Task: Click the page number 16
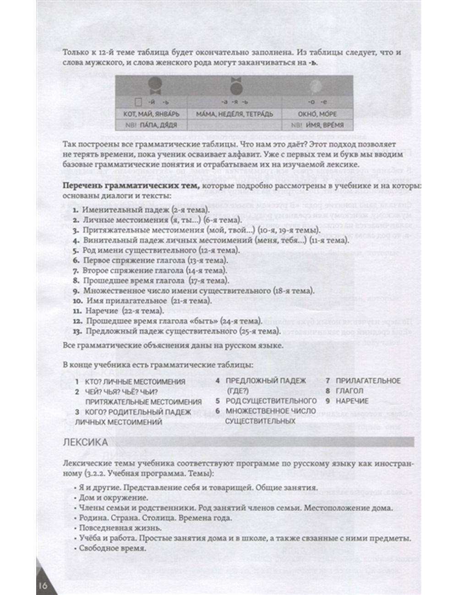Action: tap(43, 586)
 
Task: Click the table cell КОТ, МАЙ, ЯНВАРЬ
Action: tap(151, 114)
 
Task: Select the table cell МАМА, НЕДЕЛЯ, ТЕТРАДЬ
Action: tap(234, 114)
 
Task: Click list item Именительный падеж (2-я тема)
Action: tap(146, 210)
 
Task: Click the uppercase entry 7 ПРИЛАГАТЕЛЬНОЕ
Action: tap(363, 381)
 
